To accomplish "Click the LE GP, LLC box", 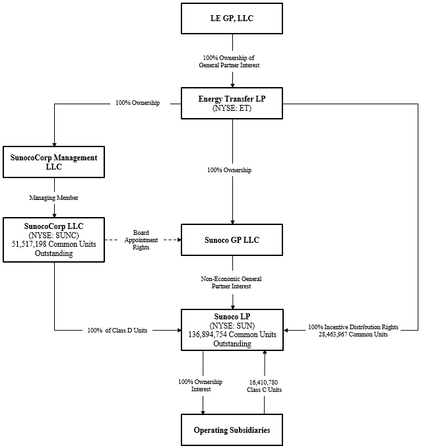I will pos(232,20).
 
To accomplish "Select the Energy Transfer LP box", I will pos(232,103).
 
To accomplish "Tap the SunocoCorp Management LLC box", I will pos(53,162).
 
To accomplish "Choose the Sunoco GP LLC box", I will pos(232,240).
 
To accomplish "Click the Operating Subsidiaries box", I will pos(232,430).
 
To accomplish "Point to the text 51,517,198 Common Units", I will pos(53,244).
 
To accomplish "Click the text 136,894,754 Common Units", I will pos(232,335).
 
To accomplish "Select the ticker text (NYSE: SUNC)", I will pos(53,235).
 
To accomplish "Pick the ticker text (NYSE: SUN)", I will pos(232,325).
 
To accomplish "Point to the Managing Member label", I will pos(53,197).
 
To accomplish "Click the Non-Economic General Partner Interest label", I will pos(232,282).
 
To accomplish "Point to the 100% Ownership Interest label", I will pos(201,385).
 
